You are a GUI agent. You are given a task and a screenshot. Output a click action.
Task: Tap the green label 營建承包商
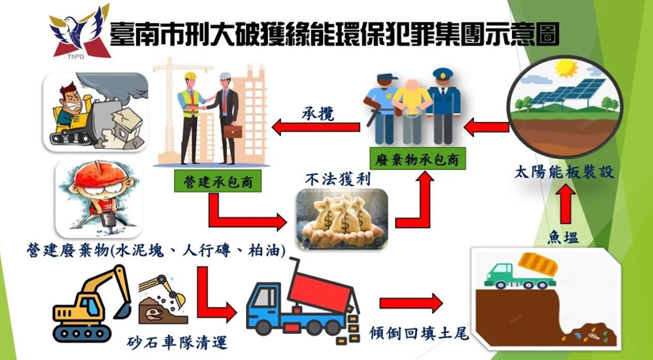click(x=218, y=180)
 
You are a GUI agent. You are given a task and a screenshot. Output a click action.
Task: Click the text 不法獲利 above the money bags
click(x=337, y=180)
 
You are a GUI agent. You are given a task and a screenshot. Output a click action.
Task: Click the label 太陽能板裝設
click(x=564, y=172)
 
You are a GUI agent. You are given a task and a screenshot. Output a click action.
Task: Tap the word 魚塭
click(x=563, y=237)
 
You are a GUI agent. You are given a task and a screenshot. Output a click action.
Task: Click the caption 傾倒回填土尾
click(x=420, y=333)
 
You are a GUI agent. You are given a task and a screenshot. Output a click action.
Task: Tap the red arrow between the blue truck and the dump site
click(x=412, y=303)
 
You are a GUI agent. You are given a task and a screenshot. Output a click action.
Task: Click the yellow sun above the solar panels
click(x=567, y=68)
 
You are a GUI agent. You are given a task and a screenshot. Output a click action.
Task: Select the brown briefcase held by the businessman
click(x=233, y=131)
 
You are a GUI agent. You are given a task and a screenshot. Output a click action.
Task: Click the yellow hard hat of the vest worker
click(x=190, y=76)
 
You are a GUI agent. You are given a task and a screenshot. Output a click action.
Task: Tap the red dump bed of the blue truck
click(x=319, y=290)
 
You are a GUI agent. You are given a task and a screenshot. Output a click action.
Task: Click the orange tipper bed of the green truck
click(x=537, y=263)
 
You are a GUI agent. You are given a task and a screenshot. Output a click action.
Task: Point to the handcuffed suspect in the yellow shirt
click(x=412, y=110)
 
